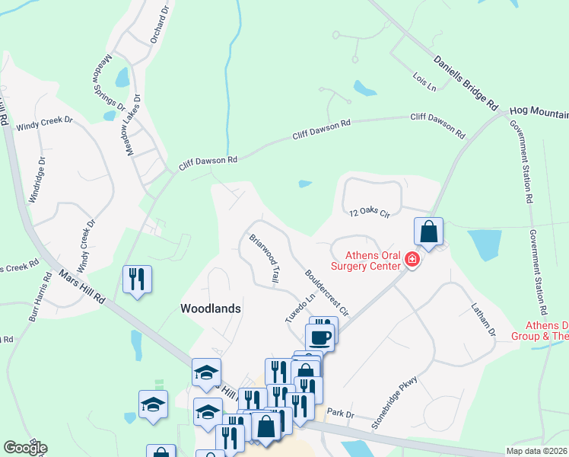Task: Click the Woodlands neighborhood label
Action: (211, 308)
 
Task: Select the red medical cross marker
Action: (412, 260)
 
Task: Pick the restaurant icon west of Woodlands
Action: (137, 279)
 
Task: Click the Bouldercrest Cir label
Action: (326, 292)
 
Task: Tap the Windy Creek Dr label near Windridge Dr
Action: (45, 120)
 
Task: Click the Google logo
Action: (25, 448)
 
